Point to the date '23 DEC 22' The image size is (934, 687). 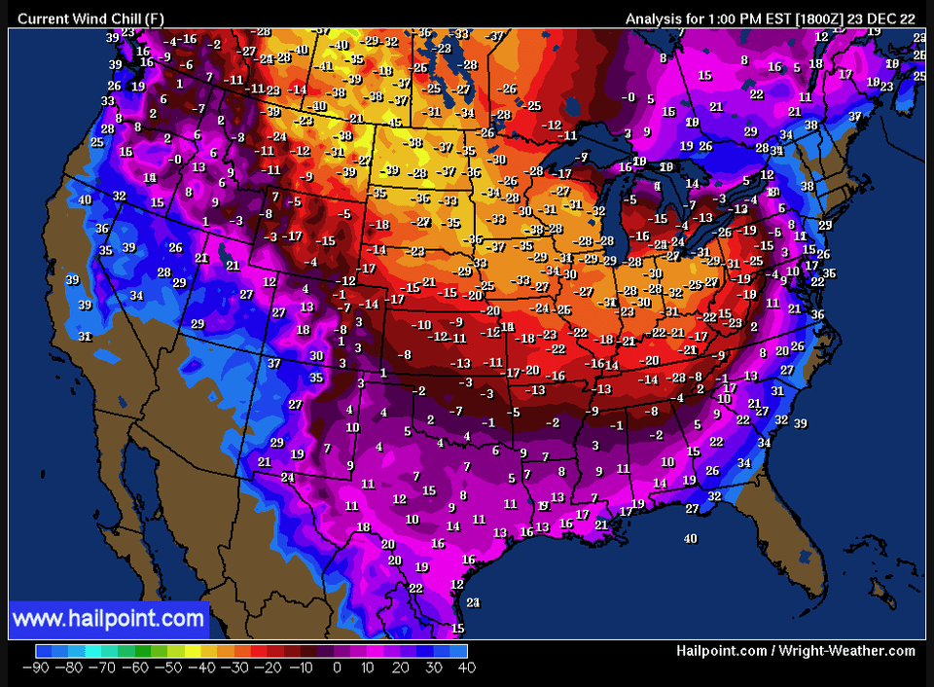tap(882, 18)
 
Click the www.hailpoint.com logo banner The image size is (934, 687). tap(109, 619)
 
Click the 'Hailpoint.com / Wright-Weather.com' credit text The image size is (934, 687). tap(796, 651)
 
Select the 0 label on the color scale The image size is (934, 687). tap(337, 668)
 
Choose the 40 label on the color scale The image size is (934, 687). tap(466, 668)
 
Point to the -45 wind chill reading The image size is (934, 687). tap(394, 123)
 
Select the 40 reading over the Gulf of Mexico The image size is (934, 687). tap(691, 538)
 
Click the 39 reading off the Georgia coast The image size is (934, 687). tap(800, 423)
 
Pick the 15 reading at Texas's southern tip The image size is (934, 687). tap(457, 629)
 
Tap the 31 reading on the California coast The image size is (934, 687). tap(86, 337)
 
